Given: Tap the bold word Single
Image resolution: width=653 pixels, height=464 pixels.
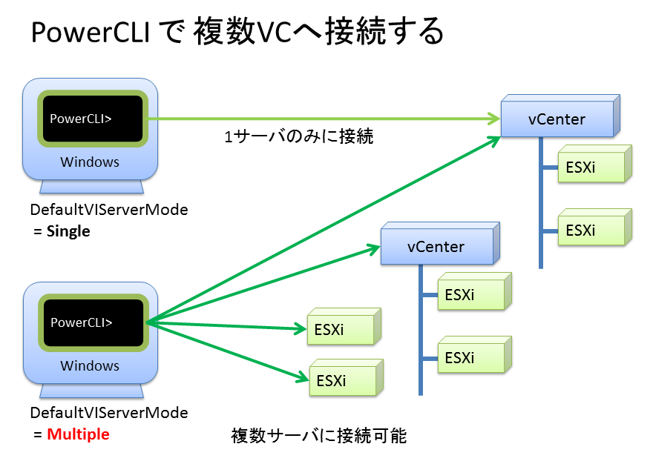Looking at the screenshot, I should click(68, 231).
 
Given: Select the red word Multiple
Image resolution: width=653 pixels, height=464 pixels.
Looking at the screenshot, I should click(78, 434).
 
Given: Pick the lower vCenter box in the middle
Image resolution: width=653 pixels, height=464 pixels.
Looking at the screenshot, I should click(436, 247).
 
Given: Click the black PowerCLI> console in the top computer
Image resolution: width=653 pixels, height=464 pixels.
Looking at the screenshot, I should click(92, 119).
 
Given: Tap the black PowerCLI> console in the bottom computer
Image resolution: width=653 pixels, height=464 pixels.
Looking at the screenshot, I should click(93, 322).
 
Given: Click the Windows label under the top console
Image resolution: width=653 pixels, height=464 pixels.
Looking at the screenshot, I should click(90, 162).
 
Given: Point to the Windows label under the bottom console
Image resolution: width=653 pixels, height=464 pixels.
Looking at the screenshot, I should click(90, 365).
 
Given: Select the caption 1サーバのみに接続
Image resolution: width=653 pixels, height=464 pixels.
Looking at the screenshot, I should click(298, 137).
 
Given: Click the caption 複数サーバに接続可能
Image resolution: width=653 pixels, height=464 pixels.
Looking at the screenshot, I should click(319, 435).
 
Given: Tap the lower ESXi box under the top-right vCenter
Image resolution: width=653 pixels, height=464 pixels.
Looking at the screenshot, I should click(590, 230).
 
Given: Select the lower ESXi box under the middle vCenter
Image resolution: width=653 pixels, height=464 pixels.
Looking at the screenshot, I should click(470, 358).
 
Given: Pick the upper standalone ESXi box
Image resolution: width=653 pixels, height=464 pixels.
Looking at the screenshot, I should click(341, 329).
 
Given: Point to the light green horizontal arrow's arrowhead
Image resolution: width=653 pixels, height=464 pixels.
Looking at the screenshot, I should click(493, 118).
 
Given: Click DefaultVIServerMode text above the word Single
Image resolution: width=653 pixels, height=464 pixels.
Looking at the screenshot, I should click(109, 210).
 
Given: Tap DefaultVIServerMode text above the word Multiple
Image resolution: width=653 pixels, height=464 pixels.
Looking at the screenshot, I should click(109, 413).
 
